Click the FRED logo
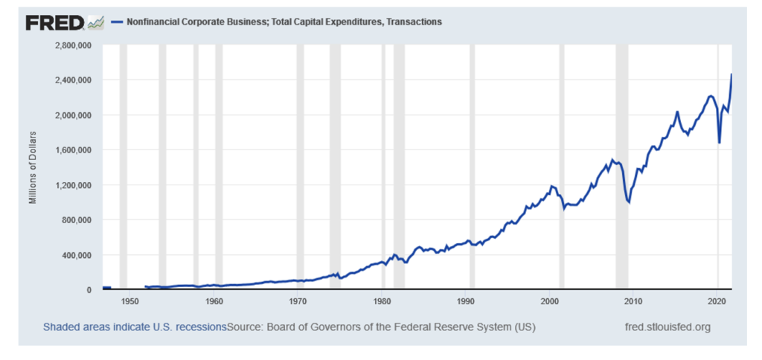[x=55, y=23]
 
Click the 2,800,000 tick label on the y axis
[x=72, y=45]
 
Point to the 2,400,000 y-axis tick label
[x=72, y=80]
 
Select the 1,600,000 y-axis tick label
[x=72, y=150]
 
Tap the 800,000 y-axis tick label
[x=76, y=220]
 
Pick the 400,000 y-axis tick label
[x=76, y=255]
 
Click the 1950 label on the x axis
[x=129, y=301]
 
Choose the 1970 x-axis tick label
[x=298, y=301]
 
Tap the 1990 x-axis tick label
[x=466, y=301]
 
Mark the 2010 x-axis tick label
[x=633, y=301]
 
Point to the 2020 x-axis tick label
[x=717, y=301]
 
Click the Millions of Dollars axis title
[x=33, y=168]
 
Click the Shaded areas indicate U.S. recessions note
[x=134, y=327]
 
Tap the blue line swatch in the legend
[x=115, y=22]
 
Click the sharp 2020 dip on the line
[x=719, y=142]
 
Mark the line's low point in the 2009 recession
[x=629, y=202]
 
